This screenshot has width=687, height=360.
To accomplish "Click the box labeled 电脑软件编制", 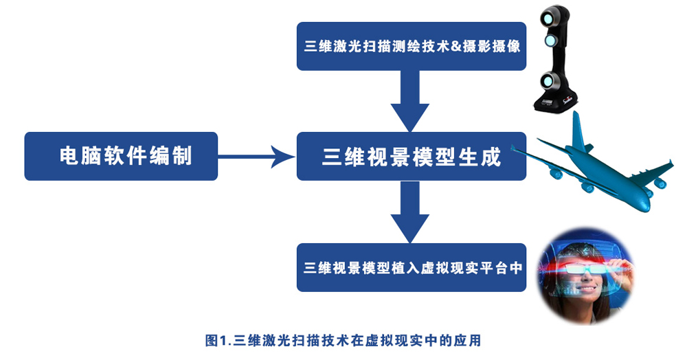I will [121, 157].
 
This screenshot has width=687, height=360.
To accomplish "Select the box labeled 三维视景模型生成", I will [411, 157].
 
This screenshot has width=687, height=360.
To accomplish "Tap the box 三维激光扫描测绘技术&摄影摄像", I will [411, 46].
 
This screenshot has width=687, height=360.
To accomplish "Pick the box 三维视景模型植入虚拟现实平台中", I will [411, 267].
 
